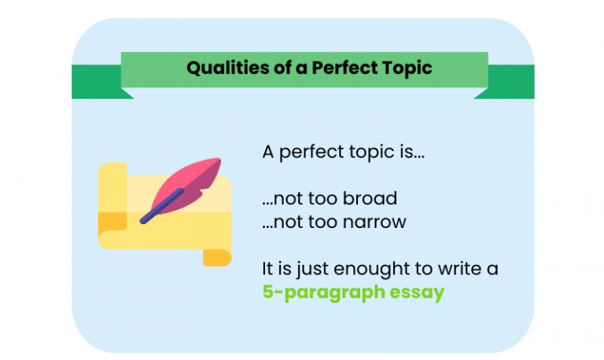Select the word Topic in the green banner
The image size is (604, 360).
pos(405,68)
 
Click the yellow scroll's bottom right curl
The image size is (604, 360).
pos(217,256)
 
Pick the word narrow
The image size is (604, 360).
pos(374,222)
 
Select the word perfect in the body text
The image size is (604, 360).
pos(308,152)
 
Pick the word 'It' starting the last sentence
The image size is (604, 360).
pos(268,270)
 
